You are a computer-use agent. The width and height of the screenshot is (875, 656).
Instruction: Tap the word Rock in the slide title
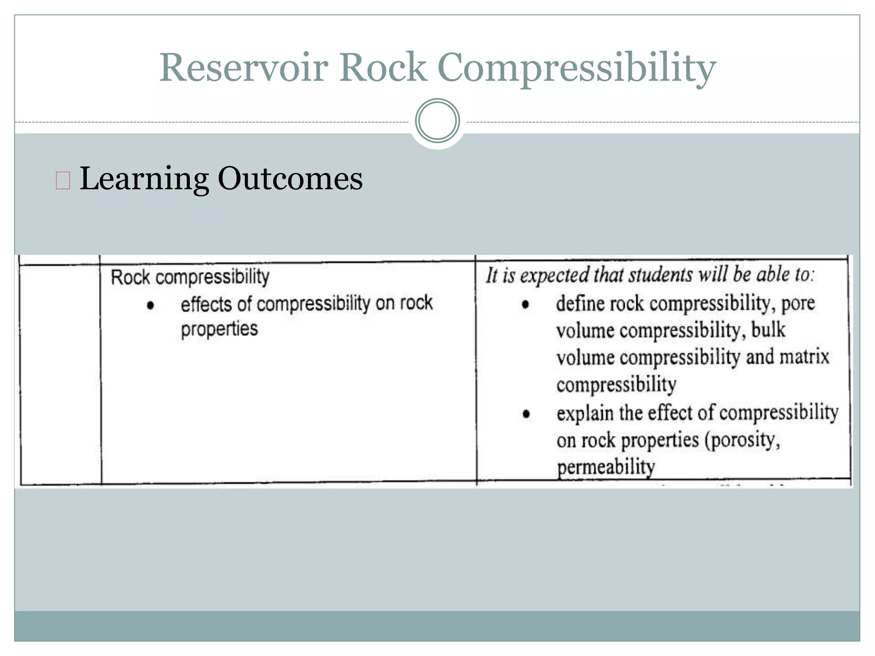click(383, 67)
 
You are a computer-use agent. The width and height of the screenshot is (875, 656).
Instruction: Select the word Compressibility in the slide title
click(576, 68)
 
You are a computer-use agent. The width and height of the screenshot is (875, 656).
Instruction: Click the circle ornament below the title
click(437, 121)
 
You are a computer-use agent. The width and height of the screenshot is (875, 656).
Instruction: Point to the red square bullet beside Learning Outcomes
click(63, 180)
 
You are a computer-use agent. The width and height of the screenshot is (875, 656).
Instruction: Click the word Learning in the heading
click(144, 179)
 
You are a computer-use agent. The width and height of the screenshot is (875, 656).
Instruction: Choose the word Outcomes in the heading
click(290, 179)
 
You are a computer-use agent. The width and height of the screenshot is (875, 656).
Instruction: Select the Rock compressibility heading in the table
click(190, 277)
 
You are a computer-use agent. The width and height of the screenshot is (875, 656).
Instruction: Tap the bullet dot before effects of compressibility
click(150, 305)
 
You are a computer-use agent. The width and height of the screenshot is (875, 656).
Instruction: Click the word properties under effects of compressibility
click(219, 329)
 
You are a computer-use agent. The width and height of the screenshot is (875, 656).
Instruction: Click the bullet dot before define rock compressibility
click(526, 305)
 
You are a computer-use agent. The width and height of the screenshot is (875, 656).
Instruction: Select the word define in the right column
click(580, 304)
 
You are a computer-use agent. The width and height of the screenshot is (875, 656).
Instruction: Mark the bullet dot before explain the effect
click(526, 413)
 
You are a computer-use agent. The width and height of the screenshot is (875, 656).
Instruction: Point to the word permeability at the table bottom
click(605, 467)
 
